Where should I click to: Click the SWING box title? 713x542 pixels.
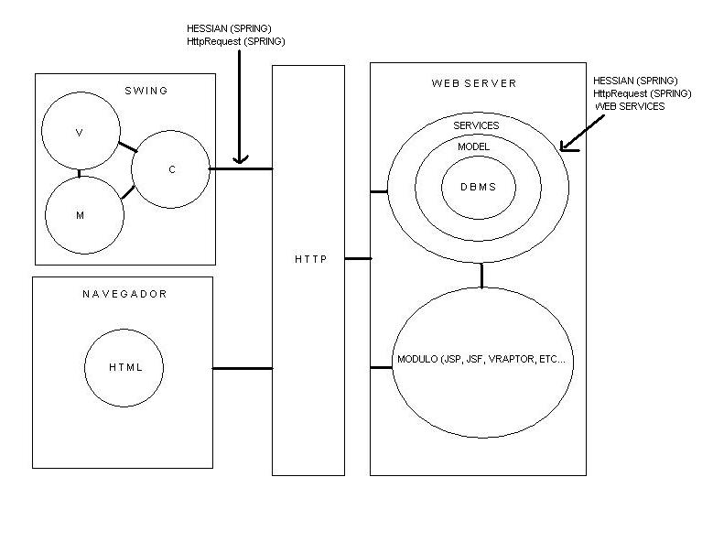[146, 91]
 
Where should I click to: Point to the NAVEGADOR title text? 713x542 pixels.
[124, 294]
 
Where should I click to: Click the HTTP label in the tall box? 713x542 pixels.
[311, 259]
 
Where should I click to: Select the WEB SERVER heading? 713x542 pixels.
[474, 83]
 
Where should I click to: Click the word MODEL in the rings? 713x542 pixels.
[474, 146]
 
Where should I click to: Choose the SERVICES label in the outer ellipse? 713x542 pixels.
[476, 125]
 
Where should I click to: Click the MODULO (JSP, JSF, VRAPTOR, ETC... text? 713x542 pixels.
[481, 359]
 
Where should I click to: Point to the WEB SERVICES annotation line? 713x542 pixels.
[630, 106]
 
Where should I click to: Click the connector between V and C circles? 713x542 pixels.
[128, 147]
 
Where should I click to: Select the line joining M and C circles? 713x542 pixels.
[128, 192]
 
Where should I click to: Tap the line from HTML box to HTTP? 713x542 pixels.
[243, 368]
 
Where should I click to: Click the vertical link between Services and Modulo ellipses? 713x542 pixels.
[481, 275]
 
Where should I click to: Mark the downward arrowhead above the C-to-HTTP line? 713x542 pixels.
[240, 159]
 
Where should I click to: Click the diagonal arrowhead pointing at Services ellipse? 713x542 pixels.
[567, 146]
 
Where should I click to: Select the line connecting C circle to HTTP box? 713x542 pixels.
[241, 169]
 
